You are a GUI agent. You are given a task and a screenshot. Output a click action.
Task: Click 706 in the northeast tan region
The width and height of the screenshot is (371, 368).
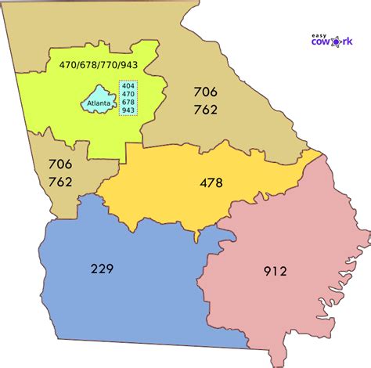205,92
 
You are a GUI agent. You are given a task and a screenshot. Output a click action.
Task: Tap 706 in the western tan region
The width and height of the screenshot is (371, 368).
59,165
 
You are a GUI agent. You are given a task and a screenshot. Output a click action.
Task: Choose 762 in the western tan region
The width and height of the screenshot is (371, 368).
59,182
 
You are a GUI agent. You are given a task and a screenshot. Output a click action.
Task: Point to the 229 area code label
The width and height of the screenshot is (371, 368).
101,269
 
